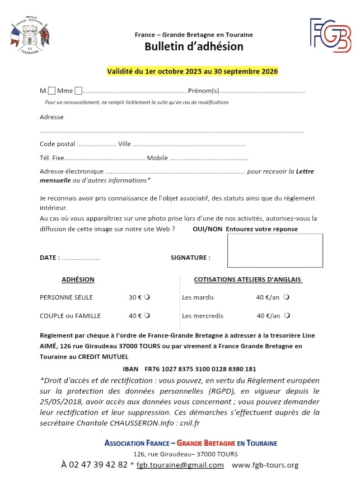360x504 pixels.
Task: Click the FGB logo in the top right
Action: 330,35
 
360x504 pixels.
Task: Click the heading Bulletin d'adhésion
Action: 194,46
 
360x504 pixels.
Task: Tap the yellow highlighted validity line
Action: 193,72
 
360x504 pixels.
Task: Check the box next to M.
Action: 52,91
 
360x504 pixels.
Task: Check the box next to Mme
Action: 78,91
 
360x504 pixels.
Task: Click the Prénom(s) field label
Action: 203,91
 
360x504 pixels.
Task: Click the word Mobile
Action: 157,158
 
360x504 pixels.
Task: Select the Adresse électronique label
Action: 72,171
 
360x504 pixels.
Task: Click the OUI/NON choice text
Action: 207,229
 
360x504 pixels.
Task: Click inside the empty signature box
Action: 274,250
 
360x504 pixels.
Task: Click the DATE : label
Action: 50,258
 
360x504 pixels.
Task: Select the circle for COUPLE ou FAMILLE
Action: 147,316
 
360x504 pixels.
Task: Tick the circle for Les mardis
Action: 286,297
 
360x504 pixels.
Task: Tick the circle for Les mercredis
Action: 287,316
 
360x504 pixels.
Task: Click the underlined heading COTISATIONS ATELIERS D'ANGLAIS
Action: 247,279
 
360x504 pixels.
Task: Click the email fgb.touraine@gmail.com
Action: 180,465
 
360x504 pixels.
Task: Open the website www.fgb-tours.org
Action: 265,465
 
